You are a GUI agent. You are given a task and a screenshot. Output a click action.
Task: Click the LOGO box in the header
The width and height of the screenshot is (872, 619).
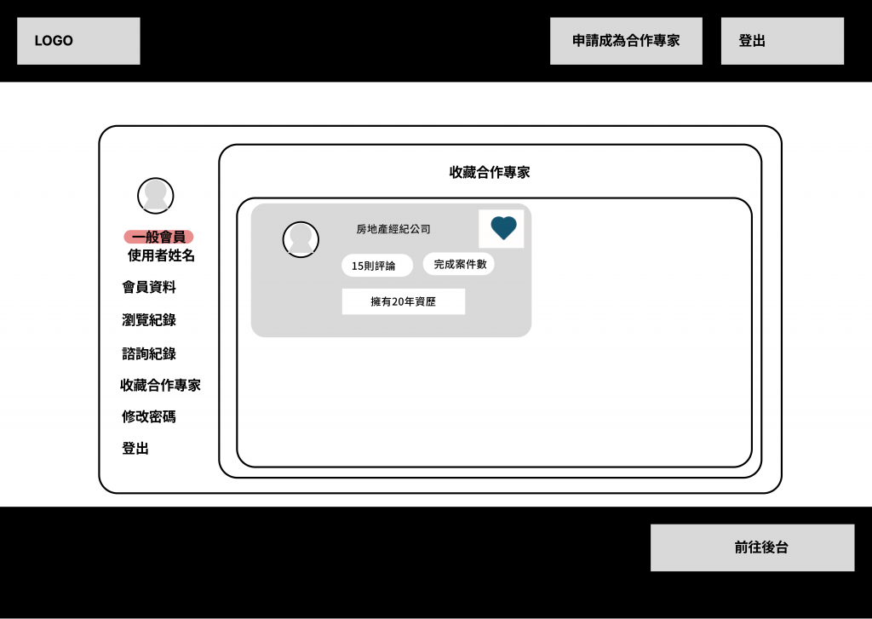(x=78, y=41)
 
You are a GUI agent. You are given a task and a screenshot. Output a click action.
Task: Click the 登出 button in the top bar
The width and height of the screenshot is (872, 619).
(x=782, y=41)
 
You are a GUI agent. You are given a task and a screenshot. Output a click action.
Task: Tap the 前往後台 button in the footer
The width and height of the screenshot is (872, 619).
(x=752, y=547)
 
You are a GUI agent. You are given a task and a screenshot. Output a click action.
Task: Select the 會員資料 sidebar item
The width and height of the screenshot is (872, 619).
(x=149, y=287)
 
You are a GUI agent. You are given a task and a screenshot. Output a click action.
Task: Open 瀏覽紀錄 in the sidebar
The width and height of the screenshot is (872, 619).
(x=149, y=320)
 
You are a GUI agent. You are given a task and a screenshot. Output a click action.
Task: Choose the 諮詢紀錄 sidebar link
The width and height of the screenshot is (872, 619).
(x=149, y=353)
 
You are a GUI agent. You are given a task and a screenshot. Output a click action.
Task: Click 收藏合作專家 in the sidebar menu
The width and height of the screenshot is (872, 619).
(x=160, y=385)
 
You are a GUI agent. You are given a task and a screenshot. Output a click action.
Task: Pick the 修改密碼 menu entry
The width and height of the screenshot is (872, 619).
(x=149, y=417)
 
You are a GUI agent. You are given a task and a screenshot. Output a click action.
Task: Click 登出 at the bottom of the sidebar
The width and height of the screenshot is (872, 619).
(x=135, y=449)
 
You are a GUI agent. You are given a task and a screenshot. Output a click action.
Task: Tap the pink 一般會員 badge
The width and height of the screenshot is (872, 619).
(x=158, y=237)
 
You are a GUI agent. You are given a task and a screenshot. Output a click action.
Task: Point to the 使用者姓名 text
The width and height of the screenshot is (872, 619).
(x=161, y=255)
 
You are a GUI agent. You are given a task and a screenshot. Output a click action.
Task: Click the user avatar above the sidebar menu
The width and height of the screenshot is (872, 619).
(x=156, y=196)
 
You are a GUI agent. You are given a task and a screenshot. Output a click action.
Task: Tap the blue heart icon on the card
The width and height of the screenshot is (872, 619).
(x=503, y=228)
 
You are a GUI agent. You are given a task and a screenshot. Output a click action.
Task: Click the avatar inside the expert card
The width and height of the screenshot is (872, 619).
(x=301, y=239)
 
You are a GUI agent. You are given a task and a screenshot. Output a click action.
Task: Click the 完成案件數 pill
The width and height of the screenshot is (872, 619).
(x=459, y=264)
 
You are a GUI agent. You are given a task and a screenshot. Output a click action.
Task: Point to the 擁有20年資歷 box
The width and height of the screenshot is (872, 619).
(x=404, y=301)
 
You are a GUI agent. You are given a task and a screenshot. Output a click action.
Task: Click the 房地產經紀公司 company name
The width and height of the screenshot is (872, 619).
(x=393, y=229)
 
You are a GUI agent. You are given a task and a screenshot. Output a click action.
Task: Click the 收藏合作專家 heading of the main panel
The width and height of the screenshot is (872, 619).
(x=490, y=172)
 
